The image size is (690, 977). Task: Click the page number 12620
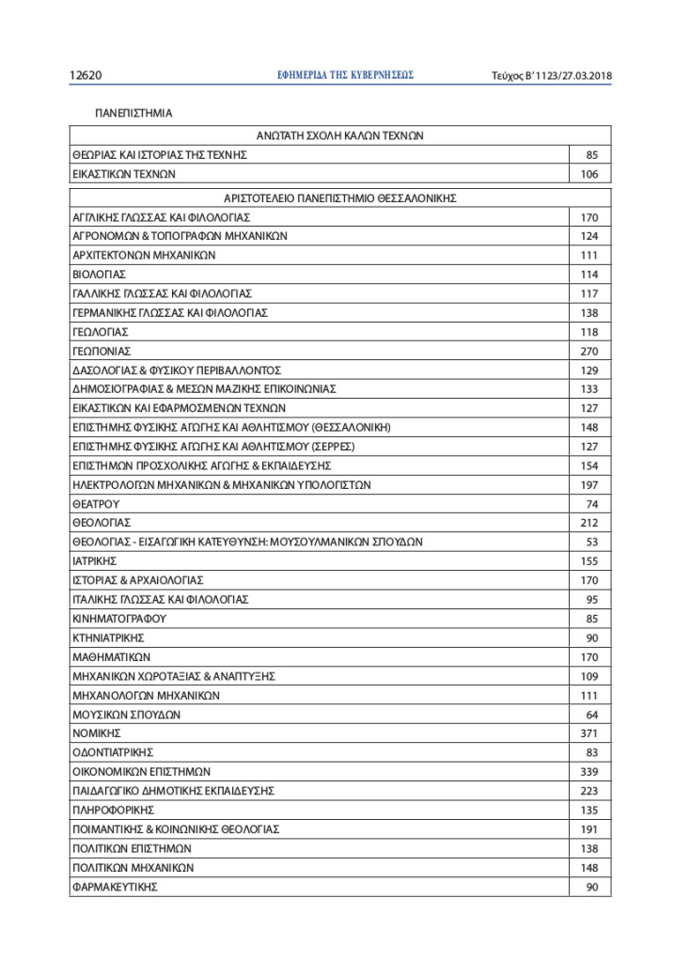point(86,75)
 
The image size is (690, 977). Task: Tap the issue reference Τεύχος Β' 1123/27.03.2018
point(552,75)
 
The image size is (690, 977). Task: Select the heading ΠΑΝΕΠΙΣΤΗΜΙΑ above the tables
point(133,114)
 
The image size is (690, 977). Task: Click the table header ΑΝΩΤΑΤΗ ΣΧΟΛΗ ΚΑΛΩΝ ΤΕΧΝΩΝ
point(340,135)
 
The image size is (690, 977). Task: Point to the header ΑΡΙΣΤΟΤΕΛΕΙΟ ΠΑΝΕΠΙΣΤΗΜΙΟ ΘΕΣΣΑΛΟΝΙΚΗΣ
point(340,198)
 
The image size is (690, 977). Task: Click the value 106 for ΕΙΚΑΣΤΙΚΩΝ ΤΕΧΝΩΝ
point(589,174)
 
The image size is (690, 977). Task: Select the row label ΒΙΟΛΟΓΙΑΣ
point(99,275)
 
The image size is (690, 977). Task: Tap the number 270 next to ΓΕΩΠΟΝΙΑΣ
point(589,351)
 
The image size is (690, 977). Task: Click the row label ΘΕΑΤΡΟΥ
point(96,504)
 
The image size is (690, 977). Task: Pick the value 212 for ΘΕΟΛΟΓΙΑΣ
point(589,523)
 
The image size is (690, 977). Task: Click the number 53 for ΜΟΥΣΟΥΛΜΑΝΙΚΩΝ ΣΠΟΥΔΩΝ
point(592,542)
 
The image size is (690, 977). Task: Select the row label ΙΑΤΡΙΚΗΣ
point(94,561)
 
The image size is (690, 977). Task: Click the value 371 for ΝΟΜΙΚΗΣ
point(589,733)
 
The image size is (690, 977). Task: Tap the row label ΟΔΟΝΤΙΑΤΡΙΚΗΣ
point(113,752)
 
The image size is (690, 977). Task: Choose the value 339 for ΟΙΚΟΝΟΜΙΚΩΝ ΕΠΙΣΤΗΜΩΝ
point(589,772)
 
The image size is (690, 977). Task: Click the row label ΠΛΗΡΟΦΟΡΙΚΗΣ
point(113,810)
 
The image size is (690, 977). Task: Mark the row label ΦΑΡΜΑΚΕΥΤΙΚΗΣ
point(115,887)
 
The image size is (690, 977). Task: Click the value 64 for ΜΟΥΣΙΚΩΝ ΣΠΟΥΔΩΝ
point(592,715)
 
